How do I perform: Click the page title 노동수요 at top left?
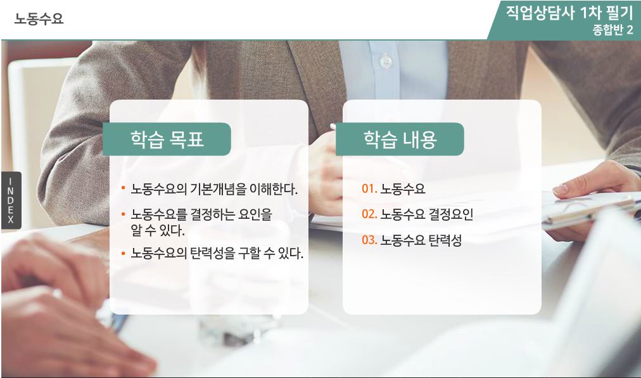(x=39, y=18)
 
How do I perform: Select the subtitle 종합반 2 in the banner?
(x=612, y=30)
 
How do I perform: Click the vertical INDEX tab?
(x=11, y=200)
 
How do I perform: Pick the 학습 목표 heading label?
(x=167, y=140)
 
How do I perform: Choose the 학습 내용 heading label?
(x=400, y=140)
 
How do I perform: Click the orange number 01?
(x=369, y=188)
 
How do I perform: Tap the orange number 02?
(x=369, y=214)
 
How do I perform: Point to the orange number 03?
(x=369, y=240)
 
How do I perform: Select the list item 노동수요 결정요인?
(x=427, y=214)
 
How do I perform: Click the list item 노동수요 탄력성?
(x=421, y=240)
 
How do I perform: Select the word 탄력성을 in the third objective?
(x=213, y=253)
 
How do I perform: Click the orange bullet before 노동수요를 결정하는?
(x=123, y=214)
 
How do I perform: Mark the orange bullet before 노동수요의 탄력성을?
(x=123, y=254)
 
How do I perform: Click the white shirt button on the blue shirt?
(x=386, y=62)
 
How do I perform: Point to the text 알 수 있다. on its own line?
(x=157, y=230)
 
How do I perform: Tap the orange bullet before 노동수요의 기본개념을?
(x=123, y=189)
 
